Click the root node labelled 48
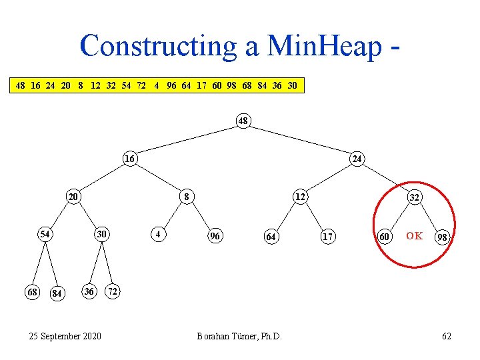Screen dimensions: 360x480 click(243, 121)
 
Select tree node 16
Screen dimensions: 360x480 click(129, 159)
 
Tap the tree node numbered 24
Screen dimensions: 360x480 click(357, 159)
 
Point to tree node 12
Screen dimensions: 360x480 click(301, 197)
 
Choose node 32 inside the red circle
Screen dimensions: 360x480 click(415, 197)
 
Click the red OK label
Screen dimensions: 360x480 click(414, 235)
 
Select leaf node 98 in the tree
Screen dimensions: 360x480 click(442, 237)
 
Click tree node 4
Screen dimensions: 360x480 click(157, 235)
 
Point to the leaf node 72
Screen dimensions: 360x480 click(115, 292)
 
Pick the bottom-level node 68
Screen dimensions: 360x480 click(31, 292)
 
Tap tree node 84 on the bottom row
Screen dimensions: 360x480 click(58, 293)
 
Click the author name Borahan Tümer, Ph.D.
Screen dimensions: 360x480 click(239, 336)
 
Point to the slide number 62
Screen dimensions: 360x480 click(447, 336)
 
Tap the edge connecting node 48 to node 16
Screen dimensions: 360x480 click(187, 140)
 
